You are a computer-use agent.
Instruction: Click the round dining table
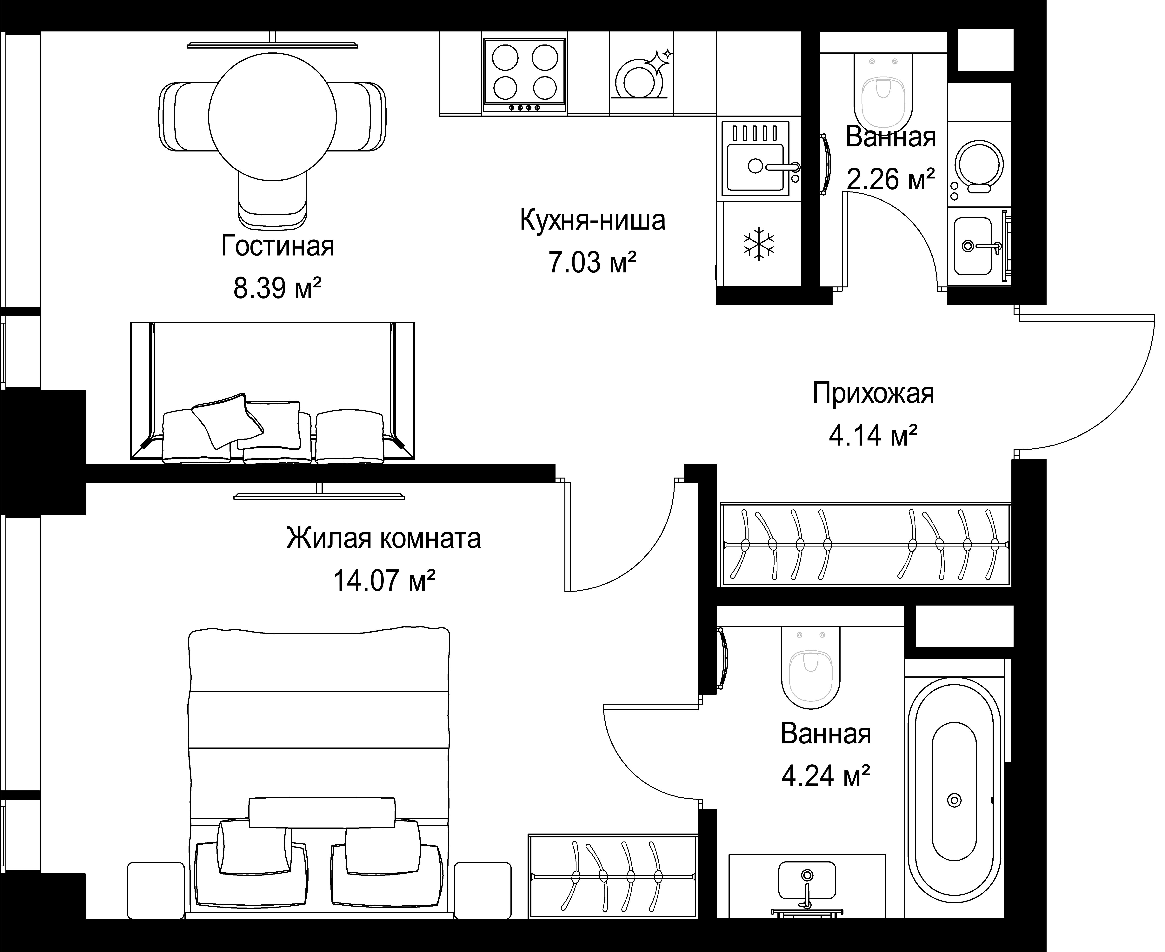(272, 117)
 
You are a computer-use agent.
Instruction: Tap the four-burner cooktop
(524, 75)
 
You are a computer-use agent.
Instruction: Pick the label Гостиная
(277, 246)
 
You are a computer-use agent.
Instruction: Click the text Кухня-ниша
(593, 220)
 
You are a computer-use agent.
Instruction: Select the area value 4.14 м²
(873, 436)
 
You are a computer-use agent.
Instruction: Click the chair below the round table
(272, 200)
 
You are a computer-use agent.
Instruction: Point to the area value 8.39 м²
(277, 288)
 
